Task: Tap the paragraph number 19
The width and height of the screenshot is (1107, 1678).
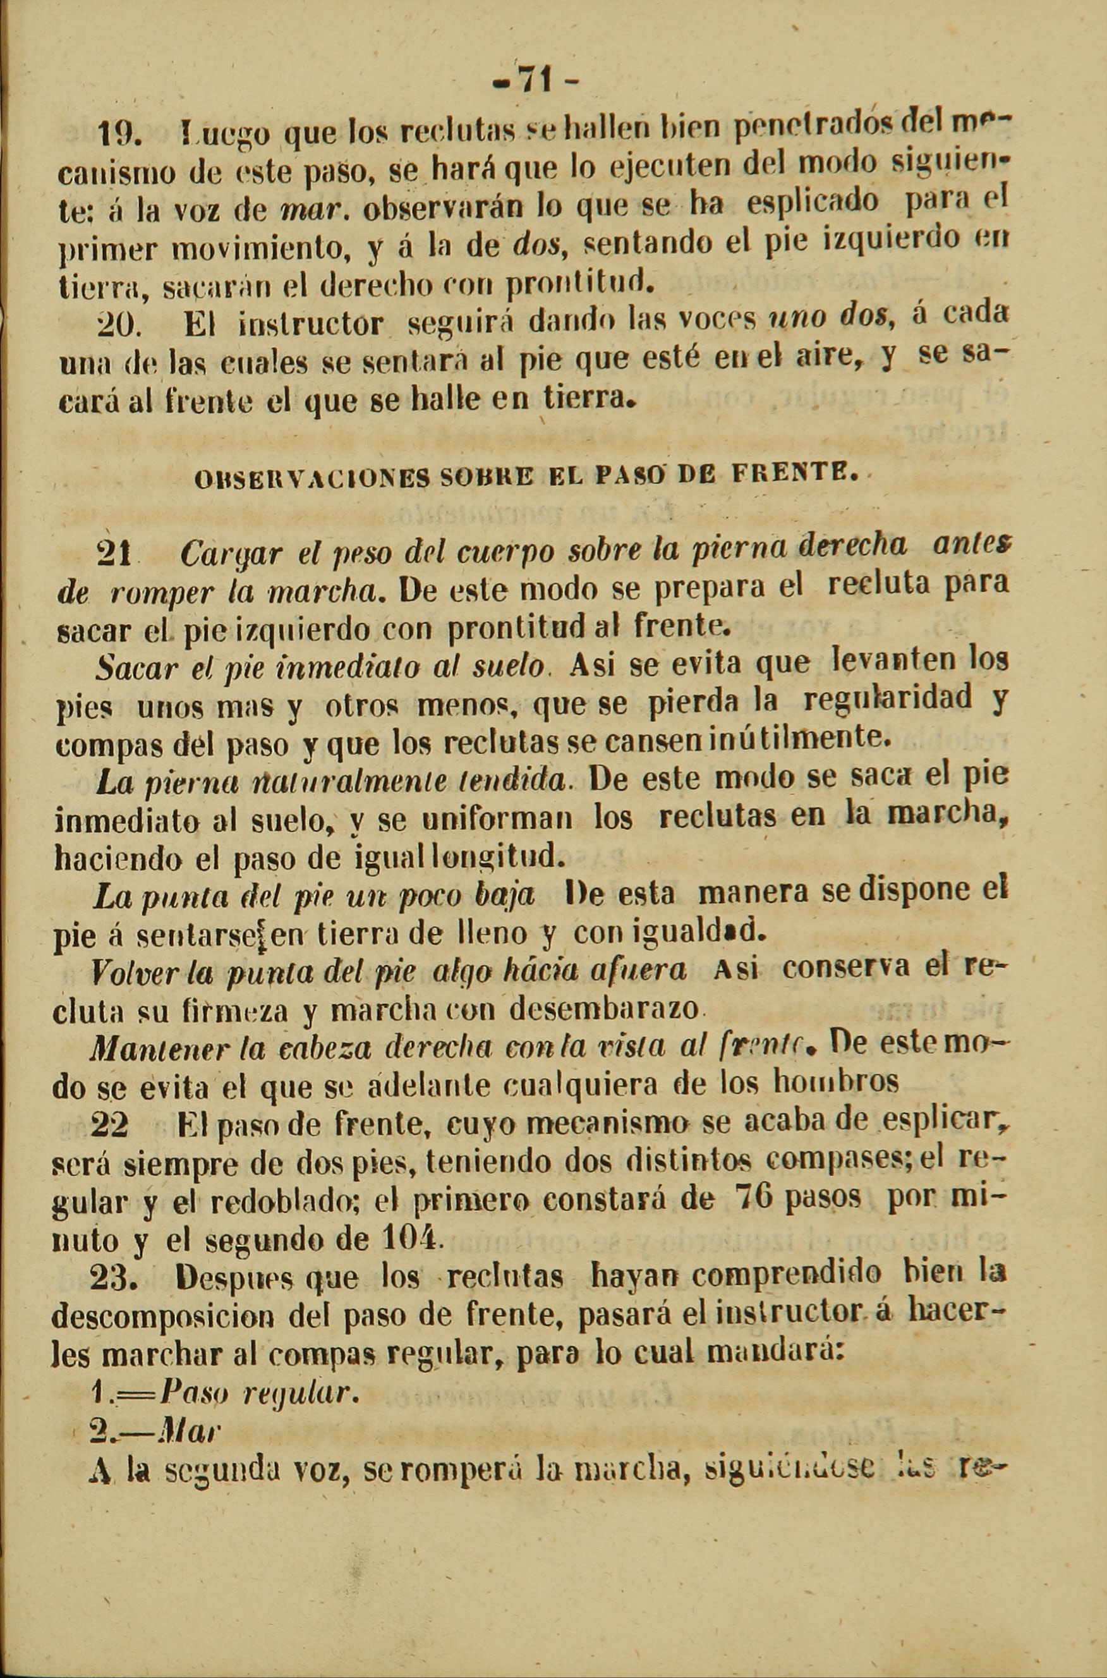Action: coord(120,132)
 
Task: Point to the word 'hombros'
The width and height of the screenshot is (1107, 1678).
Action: coord(836,1083)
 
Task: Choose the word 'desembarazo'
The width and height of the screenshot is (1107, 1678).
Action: coord(603,1008)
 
